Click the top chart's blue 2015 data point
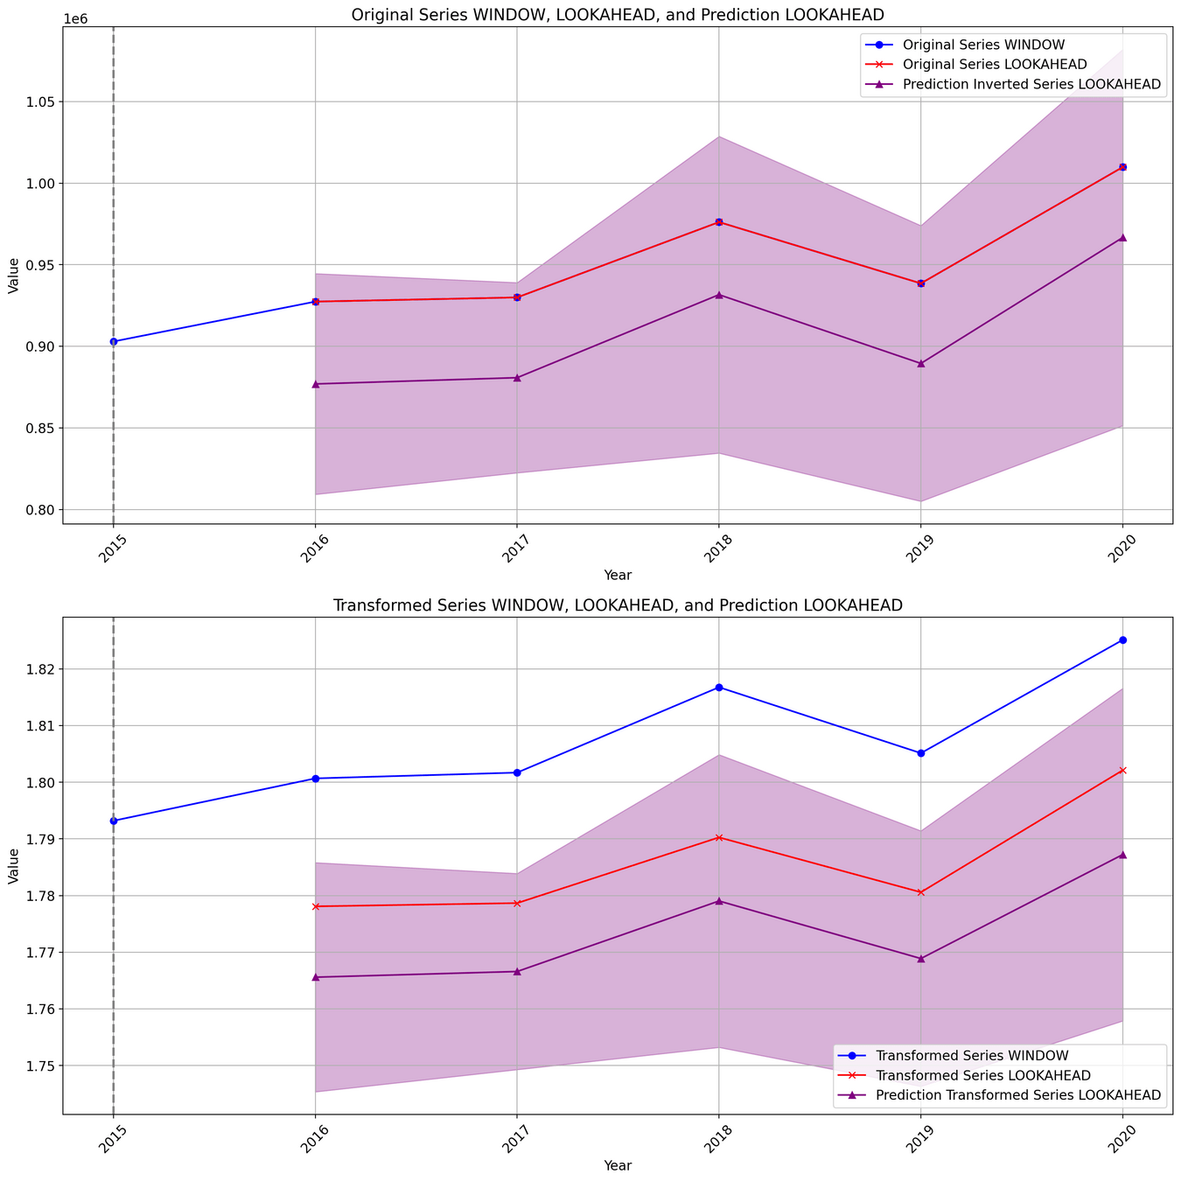(114, 341)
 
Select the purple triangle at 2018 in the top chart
(719, 295)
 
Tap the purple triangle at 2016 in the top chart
(315, 384)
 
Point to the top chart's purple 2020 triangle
(1122, 237)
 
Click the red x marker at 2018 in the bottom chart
(719, 837)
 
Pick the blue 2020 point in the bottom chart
(1122, 640)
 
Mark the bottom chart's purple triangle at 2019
(920, 959)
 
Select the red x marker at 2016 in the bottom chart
(315, 906)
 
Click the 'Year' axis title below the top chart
(618, 575)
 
